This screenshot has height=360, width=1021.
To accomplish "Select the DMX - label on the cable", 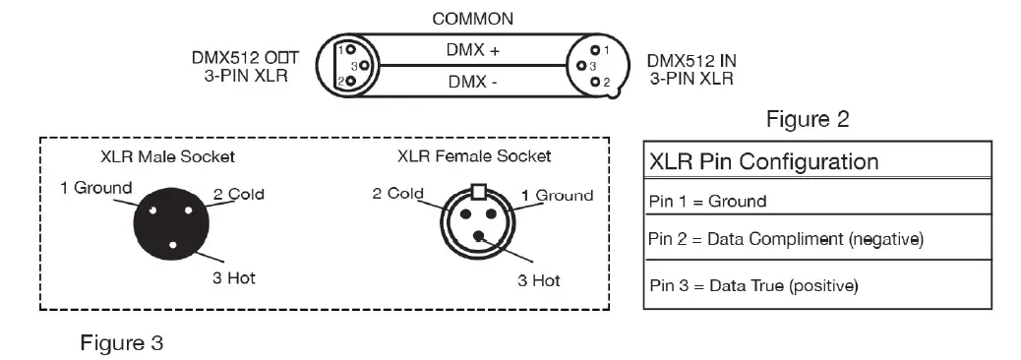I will tap(473, 83).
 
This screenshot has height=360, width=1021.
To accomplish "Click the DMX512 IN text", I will tap(691, 60).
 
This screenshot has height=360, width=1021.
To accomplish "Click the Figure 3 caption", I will tap(122, 343).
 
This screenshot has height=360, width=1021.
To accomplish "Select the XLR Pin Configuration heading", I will tap(763, 161).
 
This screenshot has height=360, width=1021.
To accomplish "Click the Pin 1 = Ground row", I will tap(708, 202).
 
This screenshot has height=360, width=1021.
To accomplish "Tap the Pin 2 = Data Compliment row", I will tap(786, 239).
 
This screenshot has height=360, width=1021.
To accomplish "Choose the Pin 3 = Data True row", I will tap(754, 286).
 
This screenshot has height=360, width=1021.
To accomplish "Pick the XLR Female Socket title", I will tap(474, 156).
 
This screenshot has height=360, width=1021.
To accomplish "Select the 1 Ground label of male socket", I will tap(96, 187).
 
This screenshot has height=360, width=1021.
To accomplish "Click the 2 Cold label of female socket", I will tap(398, 193).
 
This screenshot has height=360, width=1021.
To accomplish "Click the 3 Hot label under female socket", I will tap(538, 280).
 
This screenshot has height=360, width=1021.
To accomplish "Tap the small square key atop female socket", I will tap(479, 190).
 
